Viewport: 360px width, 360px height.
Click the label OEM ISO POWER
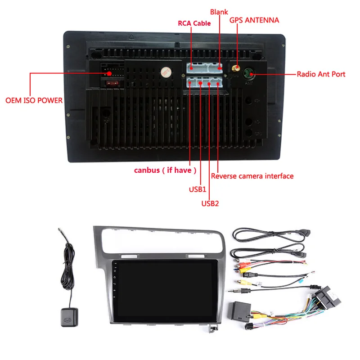tap(34, 100)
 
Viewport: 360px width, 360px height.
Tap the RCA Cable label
tap(194, 23)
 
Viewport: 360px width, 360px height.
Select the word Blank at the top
tap(219, 12)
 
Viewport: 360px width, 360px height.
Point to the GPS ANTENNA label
tap(254, 20)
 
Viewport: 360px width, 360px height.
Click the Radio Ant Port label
tap(321, 74)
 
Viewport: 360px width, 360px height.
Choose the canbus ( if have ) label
tap(166, 170)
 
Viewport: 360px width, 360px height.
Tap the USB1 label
tap(197, 189)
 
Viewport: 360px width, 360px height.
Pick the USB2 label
tap(210, 203)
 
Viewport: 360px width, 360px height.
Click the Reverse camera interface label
tap(252, 176)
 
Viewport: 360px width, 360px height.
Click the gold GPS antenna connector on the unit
tap(235, 70)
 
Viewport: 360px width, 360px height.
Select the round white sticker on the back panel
tap(166, 72)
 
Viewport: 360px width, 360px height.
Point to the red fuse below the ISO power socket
tap(111, 82)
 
